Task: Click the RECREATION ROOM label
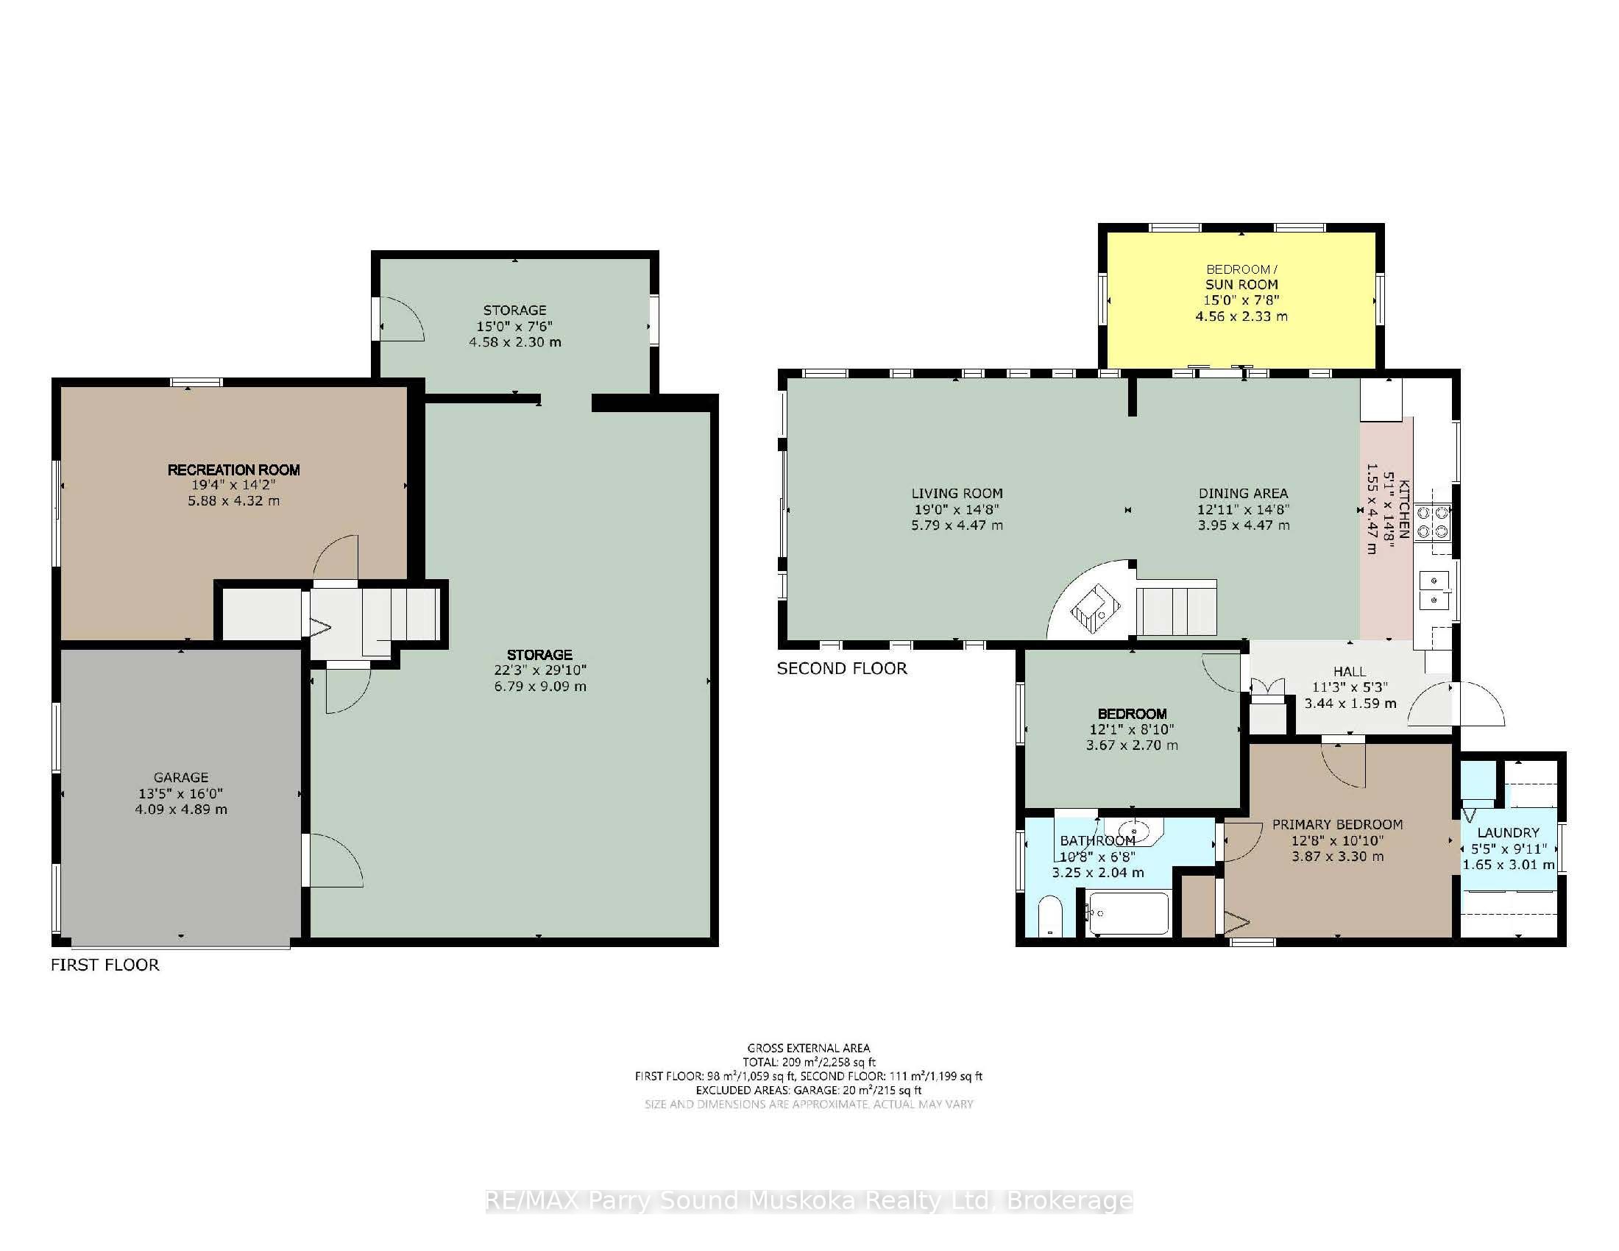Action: point(233,470)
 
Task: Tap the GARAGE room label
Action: point(181,777)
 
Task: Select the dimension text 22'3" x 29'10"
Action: point(539,670)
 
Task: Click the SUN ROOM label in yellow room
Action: point(1241,285)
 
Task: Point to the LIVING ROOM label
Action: point(956,494)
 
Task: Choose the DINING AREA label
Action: point(1243,494)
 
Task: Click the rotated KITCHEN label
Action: point(1403,508)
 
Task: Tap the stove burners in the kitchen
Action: point(1432,522)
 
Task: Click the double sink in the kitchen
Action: point(1434,590)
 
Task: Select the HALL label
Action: point(1349,671)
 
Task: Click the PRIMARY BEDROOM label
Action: point(1336,824)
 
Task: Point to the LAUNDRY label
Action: point(1508,832)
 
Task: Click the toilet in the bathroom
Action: point(1049,918)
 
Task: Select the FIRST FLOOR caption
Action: point(104,965)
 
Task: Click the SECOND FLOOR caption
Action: point(841,668)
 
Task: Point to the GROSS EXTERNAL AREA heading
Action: point(808,1048)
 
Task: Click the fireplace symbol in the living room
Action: point(1096,609)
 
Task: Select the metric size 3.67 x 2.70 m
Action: point(1131,745)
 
